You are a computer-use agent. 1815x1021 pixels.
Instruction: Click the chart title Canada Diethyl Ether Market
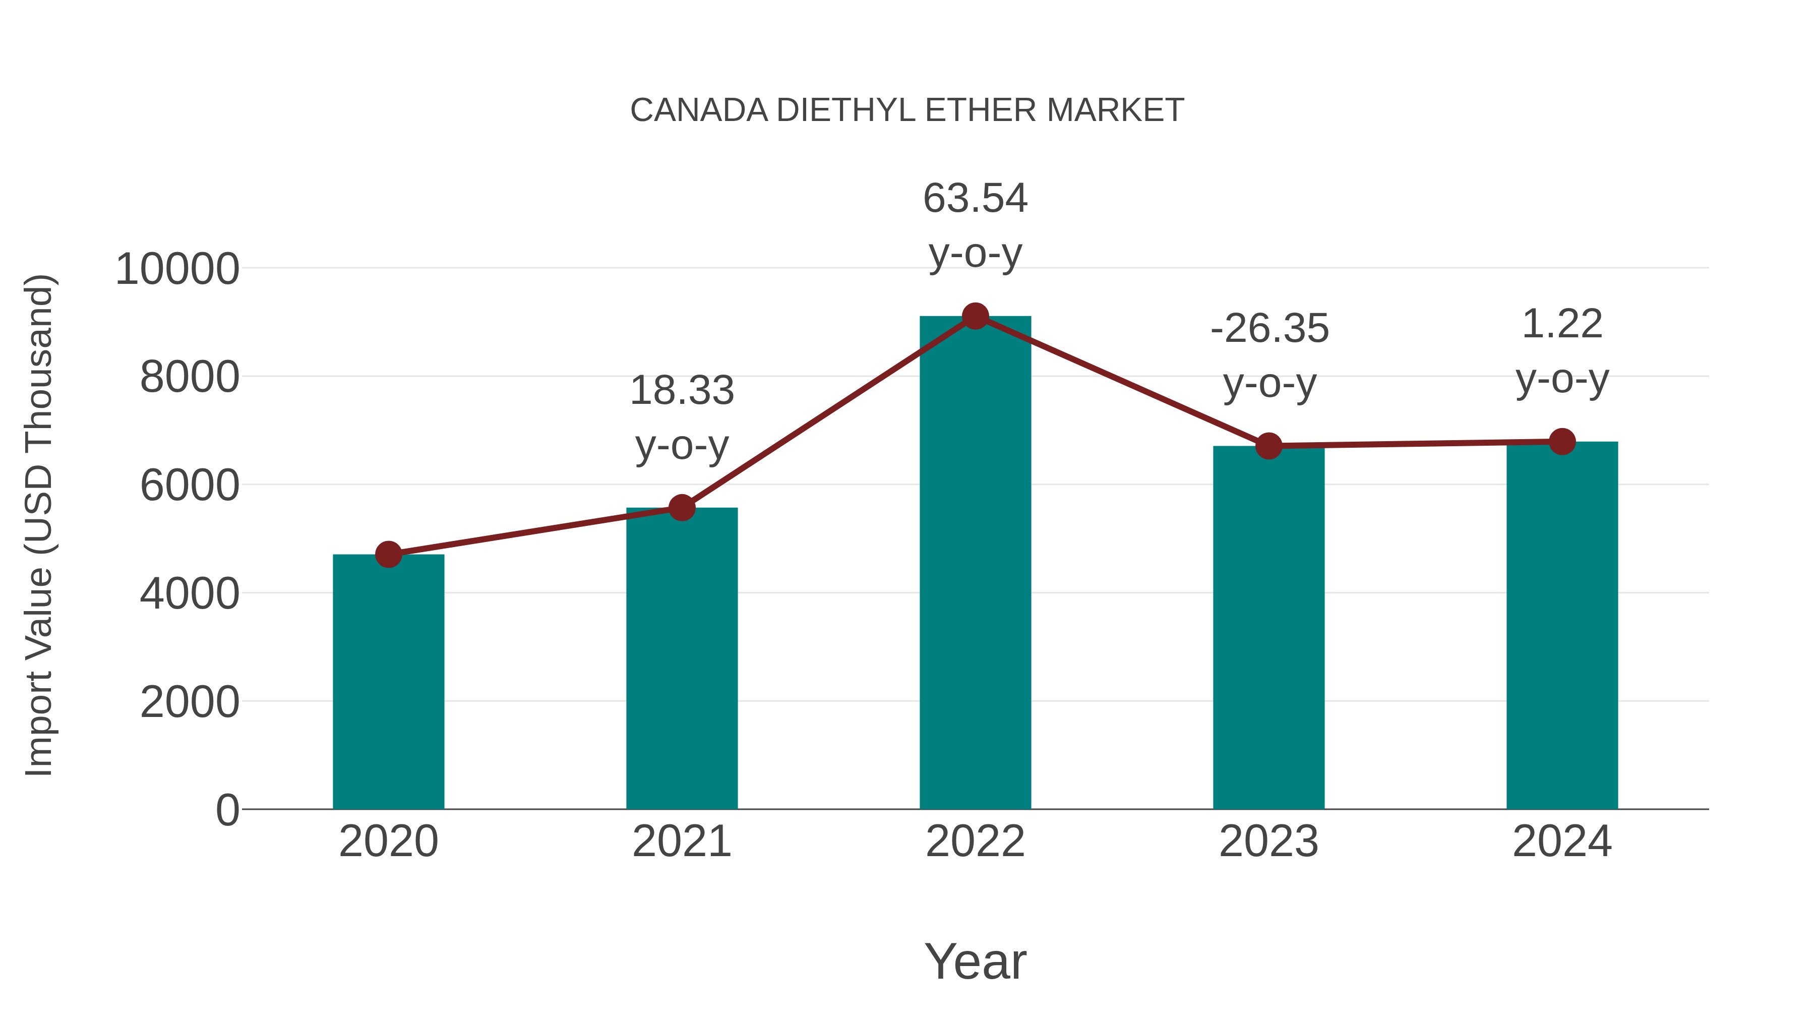click(x=907, y=110)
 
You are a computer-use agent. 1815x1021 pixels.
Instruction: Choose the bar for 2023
click(x=1268, y=627)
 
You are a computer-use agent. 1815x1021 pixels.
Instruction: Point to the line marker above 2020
click(x=388, y=555)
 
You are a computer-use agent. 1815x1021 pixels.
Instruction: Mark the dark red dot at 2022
click(x=975, y=316)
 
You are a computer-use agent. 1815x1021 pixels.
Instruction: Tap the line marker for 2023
click(x=1268, y=446)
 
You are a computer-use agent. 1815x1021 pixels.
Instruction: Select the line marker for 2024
click(x=1562, y=442)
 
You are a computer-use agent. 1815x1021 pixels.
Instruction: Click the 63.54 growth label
click(x=975, y=199)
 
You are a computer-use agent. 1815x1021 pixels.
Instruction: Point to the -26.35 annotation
click(x=1269, y=329)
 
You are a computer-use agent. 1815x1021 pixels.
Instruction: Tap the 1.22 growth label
click(x=1562, y=325)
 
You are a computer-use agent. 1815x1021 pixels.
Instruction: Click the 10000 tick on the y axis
click(x=177, y=269)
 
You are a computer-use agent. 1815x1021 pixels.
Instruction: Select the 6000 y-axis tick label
click(x=190, y=486)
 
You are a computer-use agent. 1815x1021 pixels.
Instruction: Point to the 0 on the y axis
click(x=227, y=810)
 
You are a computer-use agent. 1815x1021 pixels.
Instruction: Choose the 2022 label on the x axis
click(x=975, y=842)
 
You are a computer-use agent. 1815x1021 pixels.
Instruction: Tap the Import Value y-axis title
click(x=39, y=525)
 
